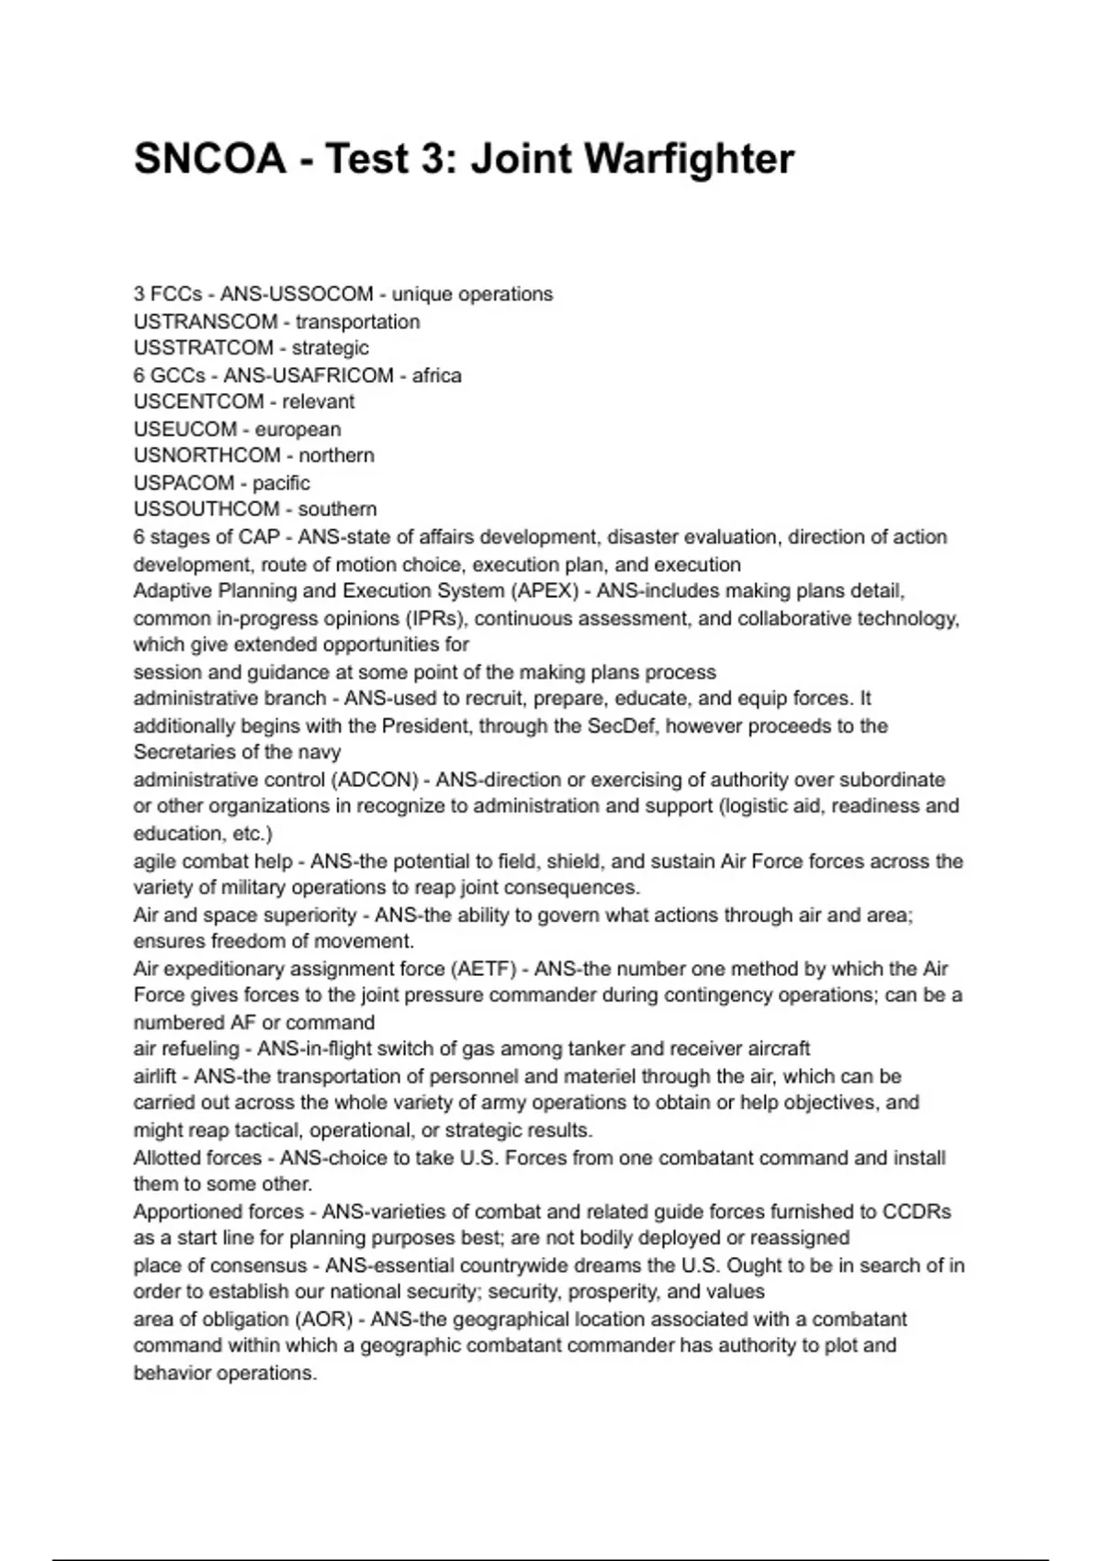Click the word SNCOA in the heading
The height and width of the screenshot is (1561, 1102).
(x=210, y=159)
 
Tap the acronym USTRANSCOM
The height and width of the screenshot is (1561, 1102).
(x=206, y=321)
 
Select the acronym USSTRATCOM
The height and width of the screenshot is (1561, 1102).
(x=203, y=348)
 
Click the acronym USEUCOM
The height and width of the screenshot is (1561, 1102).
(x=185, y=429)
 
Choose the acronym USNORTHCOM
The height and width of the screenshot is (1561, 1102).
(x=207, y=455)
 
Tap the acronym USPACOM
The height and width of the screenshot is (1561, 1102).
(x=184, y=483)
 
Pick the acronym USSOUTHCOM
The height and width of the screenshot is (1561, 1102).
(x=206, y=509)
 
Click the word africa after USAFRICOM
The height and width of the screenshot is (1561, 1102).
(x=436, y=376)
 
